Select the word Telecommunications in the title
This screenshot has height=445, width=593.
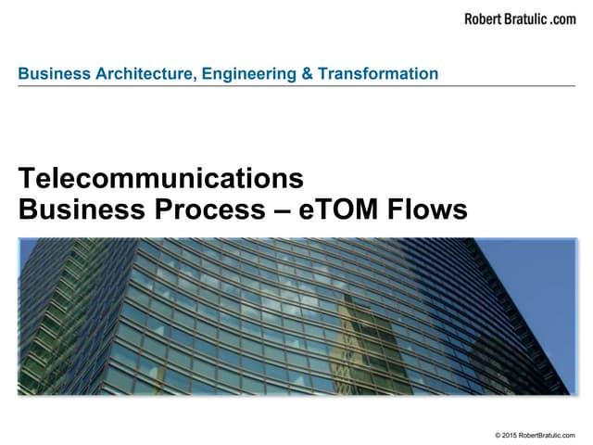tap(161, 179)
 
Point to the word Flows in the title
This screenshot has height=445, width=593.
tap(427, 210)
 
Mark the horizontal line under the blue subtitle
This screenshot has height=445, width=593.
tap(296, 86)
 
